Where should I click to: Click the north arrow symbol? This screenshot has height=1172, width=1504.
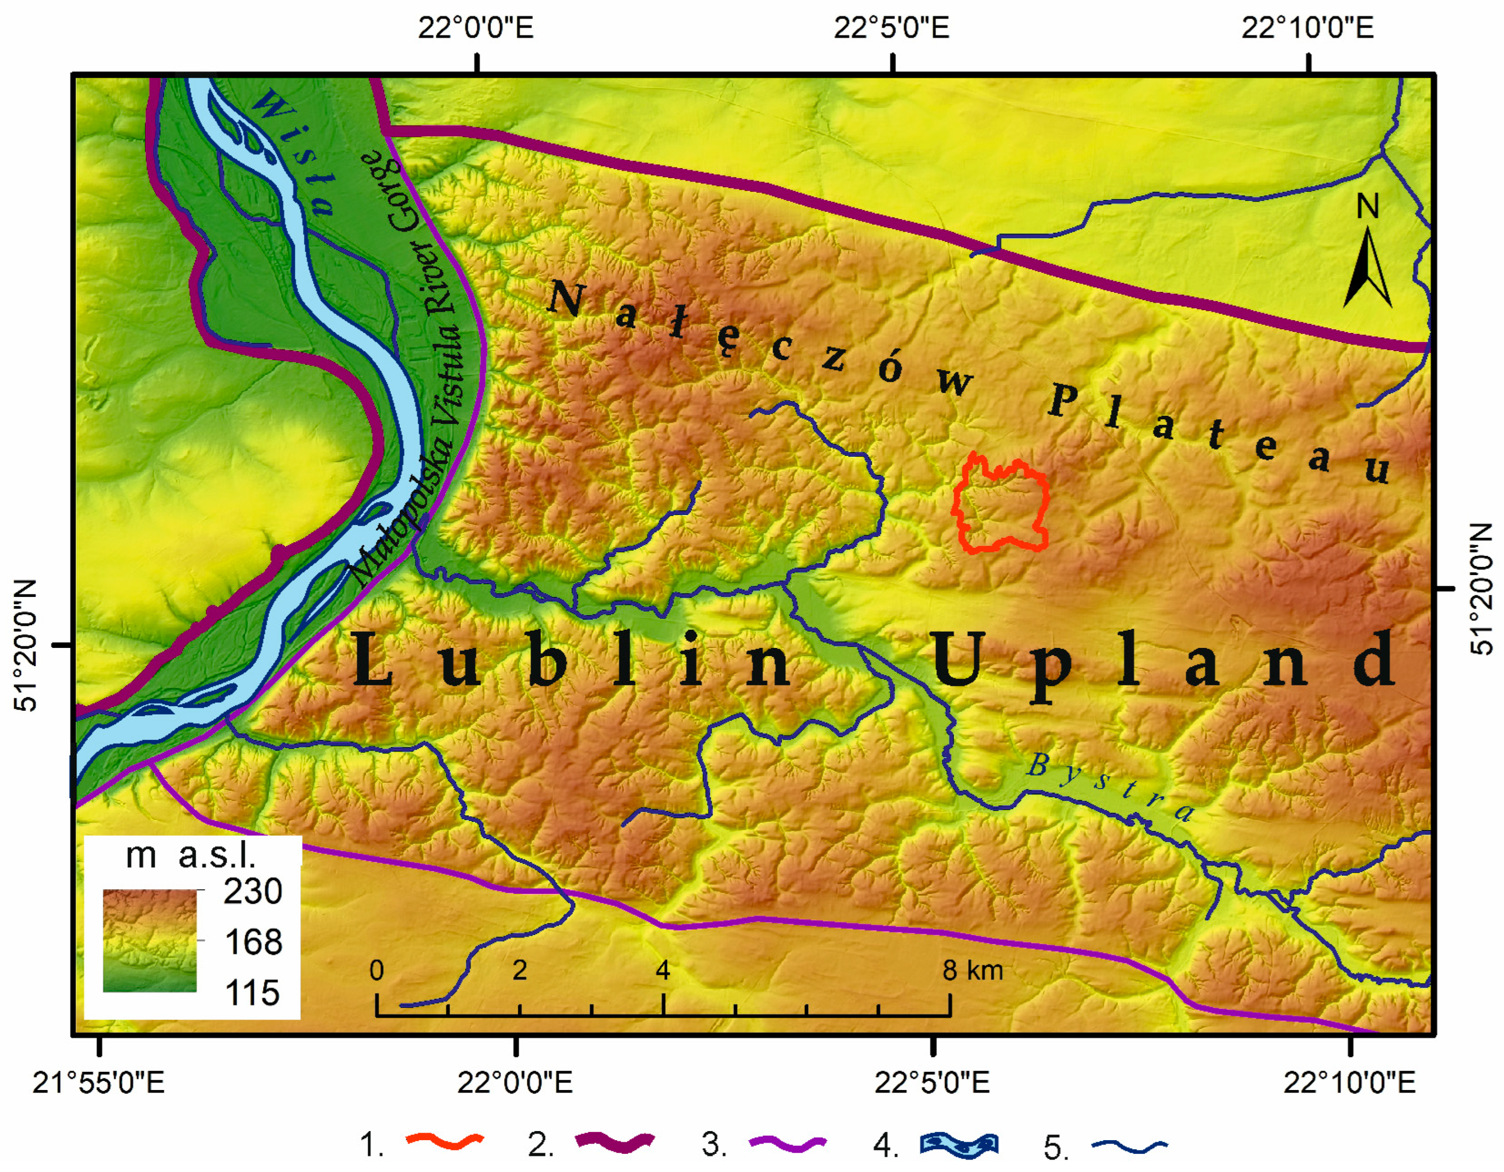point(1368,269)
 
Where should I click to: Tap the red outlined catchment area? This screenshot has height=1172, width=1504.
point(1002,506)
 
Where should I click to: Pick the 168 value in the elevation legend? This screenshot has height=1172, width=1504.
point(253,942)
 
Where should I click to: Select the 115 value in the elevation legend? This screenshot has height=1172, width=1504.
point(252,993)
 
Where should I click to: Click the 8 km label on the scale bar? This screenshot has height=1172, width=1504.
point(972,970)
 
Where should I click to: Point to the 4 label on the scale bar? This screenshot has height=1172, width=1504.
point(662,970)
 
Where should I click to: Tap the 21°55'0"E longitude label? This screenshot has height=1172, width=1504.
point(99,1083)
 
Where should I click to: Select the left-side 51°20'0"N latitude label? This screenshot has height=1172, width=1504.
point(25,645)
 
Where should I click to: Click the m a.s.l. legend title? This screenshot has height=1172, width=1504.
point(191,856)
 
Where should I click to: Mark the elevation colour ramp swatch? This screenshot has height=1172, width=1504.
point(150,940)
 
